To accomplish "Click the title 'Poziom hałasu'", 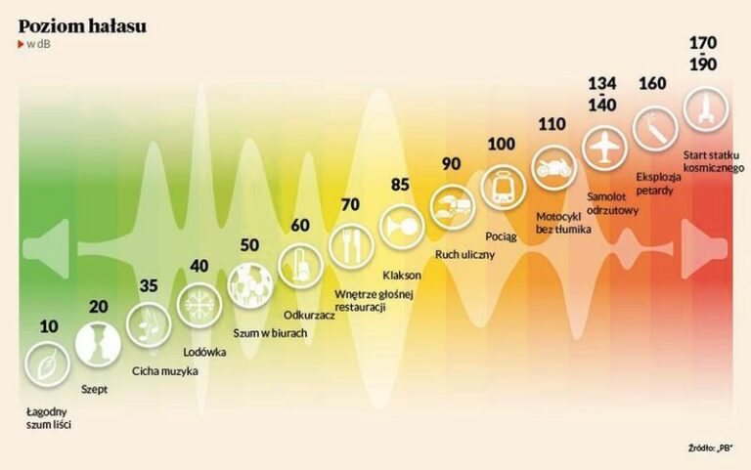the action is point(82,26).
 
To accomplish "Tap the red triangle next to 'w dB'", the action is point(21,45).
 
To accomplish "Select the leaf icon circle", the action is point(47,364).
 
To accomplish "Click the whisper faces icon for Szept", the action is point(98,344).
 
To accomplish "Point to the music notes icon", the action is point(149,324).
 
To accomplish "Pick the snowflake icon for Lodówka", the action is point(199,304).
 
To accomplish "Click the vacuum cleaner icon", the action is point(300,266).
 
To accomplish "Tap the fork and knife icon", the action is point(351,246).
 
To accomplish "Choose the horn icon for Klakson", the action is point(401,227).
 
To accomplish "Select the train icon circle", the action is point(503,187).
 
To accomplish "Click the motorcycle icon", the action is point(553,167).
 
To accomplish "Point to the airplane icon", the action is point(604,148).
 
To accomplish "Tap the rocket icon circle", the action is point(705,108).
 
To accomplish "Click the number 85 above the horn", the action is point(400,185).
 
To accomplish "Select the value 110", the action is point(552,124).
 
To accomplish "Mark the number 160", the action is point(652,84).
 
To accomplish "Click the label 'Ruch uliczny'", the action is point(464,255).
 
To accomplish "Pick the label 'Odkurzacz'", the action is point(309,316).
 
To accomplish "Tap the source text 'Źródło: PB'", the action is point(711,449).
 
